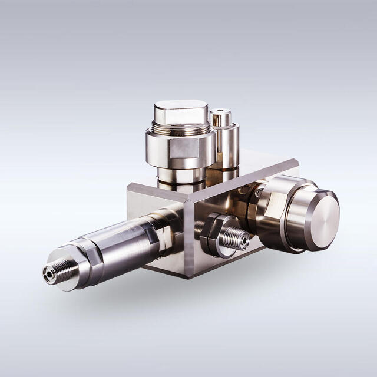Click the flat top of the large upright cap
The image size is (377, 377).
180,110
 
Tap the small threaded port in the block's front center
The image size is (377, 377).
236,239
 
